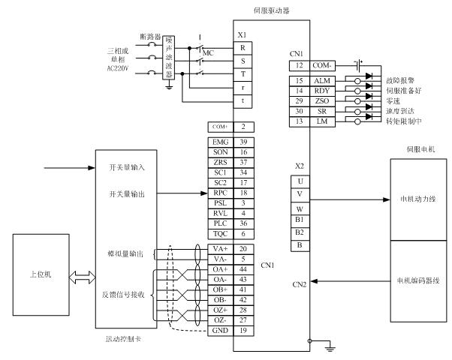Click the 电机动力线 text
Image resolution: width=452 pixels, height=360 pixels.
point(413,200)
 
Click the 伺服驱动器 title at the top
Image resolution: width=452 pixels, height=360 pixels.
point(272,10)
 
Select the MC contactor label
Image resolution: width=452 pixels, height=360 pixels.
point(208,52)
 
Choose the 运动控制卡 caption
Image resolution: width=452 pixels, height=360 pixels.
point(124,340)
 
